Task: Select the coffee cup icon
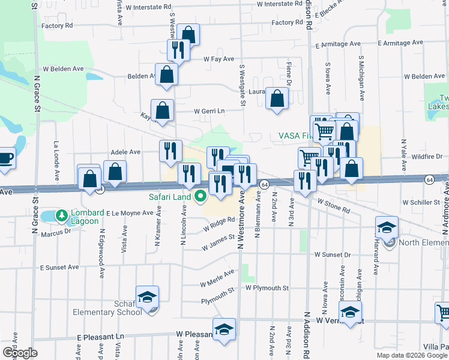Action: point(5,158)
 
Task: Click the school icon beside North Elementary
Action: point(387,227)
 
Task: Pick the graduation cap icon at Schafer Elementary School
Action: point(147,296)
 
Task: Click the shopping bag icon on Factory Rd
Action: point(188,35)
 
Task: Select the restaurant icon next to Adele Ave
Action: point(171,150)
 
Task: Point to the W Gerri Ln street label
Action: point(209,111)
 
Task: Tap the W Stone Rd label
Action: point(334,207)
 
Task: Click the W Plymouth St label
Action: point(267,288)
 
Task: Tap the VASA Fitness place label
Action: point(294,136)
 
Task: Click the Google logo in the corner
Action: point(20,352)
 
